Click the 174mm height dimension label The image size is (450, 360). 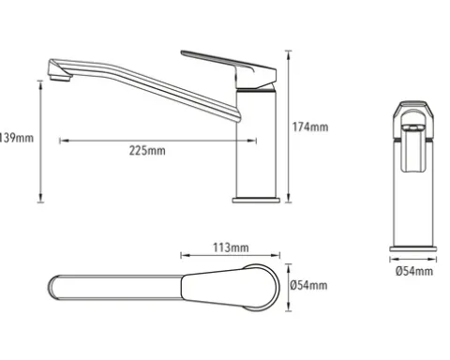coord(310,127)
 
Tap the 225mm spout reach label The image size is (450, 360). coord(147,151)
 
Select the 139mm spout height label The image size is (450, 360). coord(16,138)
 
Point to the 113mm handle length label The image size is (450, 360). coord(231,247)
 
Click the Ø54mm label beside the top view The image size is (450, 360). coord(308,285)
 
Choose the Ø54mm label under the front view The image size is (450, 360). coord(414,271)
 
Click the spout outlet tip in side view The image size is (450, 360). coord(59,76)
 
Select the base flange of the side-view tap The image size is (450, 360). coord(256,200)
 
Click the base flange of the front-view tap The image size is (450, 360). coord(413,248)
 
